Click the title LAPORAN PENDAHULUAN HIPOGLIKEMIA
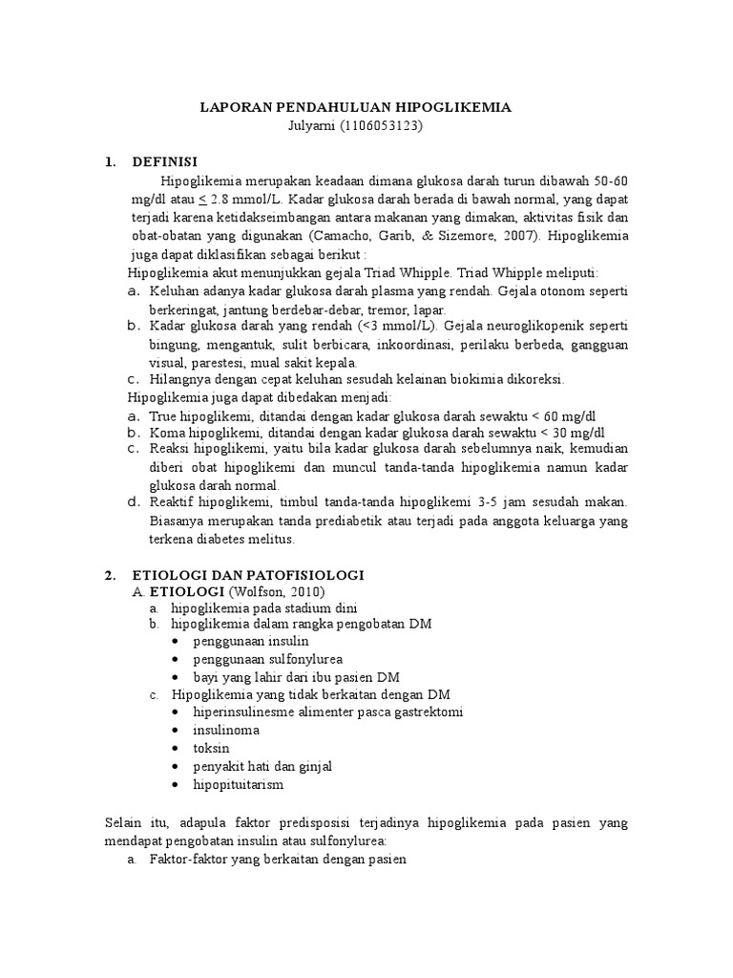[355, 108]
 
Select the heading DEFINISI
[164, 162]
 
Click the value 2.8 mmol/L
[243, 200]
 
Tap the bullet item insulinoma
[225, 730]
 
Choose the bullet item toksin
[211, 748]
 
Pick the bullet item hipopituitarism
[238, 784]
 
